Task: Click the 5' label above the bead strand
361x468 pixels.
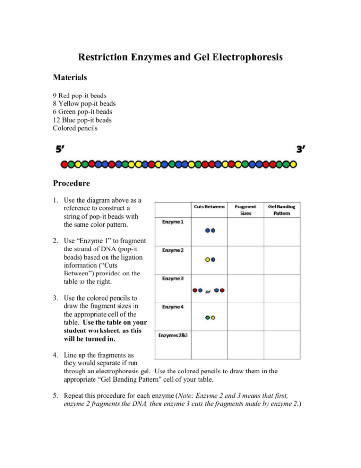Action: (x=61, y=150)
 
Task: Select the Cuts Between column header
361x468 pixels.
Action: (x=209, y=206)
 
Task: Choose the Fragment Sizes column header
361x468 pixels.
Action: (x=245, y=209)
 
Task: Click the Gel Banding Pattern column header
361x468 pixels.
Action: (x=282, y=209)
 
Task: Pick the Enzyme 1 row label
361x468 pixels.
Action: (x=167, y=222)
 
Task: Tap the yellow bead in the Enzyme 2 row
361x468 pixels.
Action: (x=207, y=260)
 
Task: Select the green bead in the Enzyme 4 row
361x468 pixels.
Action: (x=207, y=318)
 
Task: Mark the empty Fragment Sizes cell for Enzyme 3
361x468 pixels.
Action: (x=245, y=289)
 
